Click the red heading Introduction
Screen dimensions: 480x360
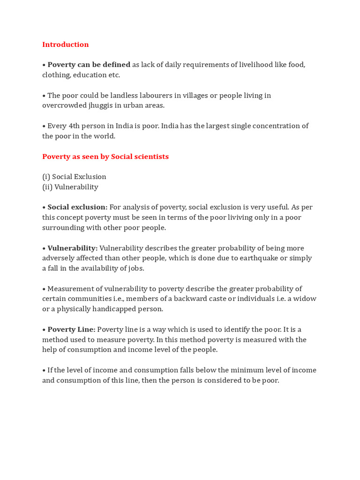[x=65, y=45]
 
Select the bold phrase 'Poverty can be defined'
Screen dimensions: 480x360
[x=89, y=65]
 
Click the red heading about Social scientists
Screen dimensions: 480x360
[x=105, y=157]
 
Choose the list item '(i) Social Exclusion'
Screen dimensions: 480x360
[x=74, y=177]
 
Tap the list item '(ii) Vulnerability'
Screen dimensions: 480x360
[x=70, y=187]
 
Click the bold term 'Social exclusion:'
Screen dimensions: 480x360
[x=77, y=207]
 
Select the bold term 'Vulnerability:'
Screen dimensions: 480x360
[x=73, y=248]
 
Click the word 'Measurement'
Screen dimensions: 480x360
[x=70, y=289]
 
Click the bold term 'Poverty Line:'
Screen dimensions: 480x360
[x=71, y=330]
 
